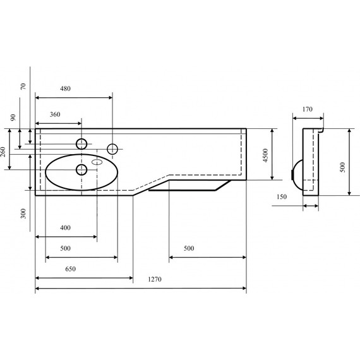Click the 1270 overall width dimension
click(155, 279)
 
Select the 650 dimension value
click(71, 269)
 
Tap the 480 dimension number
click(65, 88)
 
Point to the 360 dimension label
click(55, 114)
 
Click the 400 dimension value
click(65, 227)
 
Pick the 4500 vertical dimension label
click(265, 155)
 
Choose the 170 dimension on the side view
click(308, 109)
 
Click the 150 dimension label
click(282, 197)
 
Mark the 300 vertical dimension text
click(23, 213)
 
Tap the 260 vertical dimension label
click(3, 152)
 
